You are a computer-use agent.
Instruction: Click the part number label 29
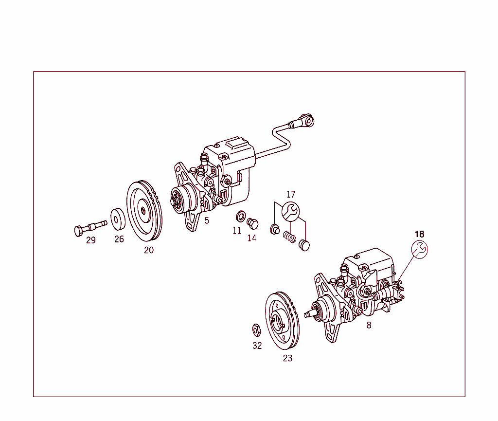pyautogui.click(x=91, y=240)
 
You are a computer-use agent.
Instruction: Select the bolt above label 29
pyautogui.click(x=90, y=227)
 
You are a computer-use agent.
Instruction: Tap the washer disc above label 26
pyautogui.click(x=118, y=219)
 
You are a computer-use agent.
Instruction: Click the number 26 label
pyautogui.click(x=119, y=239)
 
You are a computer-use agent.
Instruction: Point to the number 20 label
pyautogui.click(x=149, y=250)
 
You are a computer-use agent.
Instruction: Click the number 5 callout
pyautogui.click(x=207, y=220)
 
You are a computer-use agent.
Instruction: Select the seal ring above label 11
pyautogui.click(x=240, y=216)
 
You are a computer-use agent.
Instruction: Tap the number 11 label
pyautogui.click(x=237, y=231)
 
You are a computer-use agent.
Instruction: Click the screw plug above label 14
pyautogui.click(x=252, y=223)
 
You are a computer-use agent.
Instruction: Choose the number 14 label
pyautogui.click(x=252, y=238)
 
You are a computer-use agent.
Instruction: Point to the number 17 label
pyautogui.click(x=291, y=195)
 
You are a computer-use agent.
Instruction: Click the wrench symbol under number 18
pyautogui.click(x=420, y=249)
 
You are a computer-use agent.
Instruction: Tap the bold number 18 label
pyautogui.click(x=420, y=234)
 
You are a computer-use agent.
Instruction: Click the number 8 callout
pyautogui.click(x=369, y=325)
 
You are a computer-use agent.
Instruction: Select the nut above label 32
pyautogui.click(x=256, y=329)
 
